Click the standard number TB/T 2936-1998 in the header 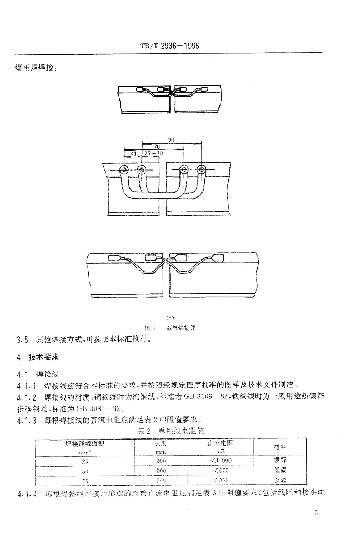coord(169,45)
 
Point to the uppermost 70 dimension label coord(172,141)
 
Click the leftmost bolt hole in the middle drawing coord(124,169)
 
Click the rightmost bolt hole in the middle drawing coord(201,169)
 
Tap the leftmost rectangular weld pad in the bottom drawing coord(115,258)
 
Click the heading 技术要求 coord(47,357)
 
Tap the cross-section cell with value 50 coord(85,470)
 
